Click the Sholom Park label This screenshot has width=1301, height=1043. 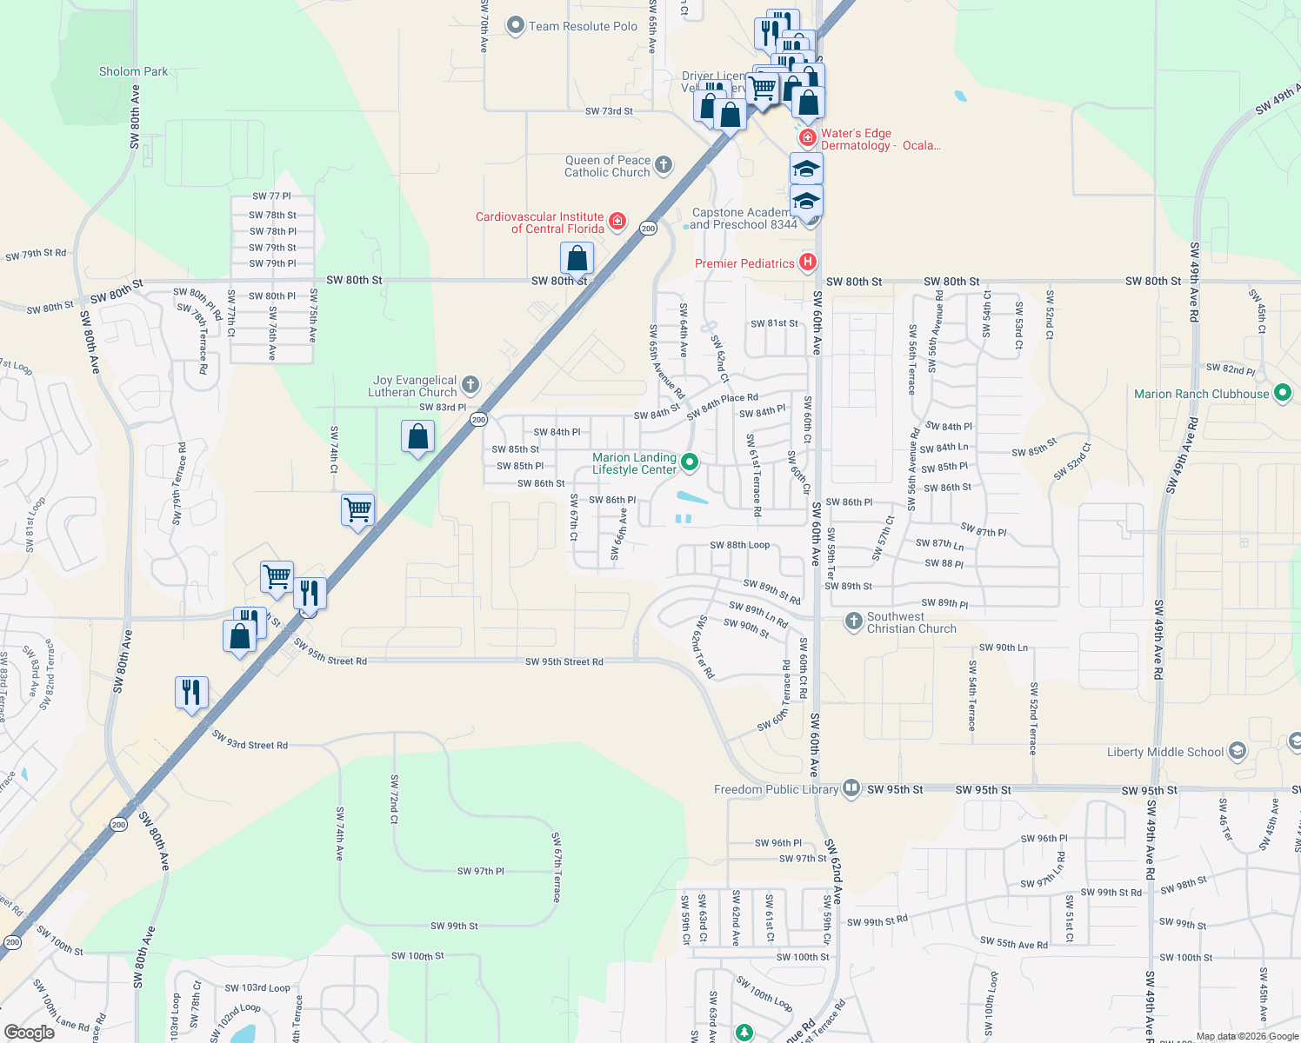click(133, 72)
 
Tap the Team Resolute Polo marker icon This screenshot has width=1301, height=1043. click(516, 26)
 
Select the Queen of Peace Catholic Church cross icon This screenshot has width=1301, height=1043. click(664, 165)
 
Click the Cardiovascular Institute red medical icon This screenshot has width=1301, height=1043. click(617, 222)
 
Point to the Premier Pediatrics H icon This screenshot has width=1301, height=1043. click(808, 262)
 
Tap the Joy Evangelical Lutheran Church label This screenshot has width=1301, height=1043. click(414, 387)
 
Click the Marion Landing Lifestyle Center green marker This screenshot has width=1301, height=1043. click(690, 462)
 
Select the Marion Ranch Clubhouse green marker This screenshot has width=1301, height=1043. click(1282, 394)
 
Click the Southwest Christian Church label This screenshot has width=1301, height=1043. click(911, 622)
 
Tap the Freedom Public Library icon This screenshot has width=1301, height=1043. click(851, 788)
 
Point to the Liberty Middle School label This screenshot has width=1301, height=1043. click(1165, 752)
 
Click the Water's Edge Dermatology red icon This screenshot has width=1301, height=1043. click(808, 138)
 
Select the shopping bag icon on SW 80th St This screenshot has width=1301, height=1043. click(577, 258)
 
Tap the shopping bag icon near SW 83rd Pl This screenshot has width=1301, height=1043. click(418, 436)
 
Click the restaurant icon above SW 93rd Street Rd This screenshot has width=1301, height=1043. click(191, 693)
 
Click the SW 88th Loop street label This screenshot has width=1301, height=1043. click(739, 545)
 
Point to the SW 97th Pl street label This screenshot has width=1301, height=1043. click(480, 871)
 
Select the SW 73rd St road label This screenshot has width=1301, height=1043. click(609, 111)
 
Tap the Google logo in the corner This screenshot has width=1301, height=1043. click(29, 1033)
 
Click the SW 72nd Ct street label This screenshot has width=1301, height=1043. click(394, 800)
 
